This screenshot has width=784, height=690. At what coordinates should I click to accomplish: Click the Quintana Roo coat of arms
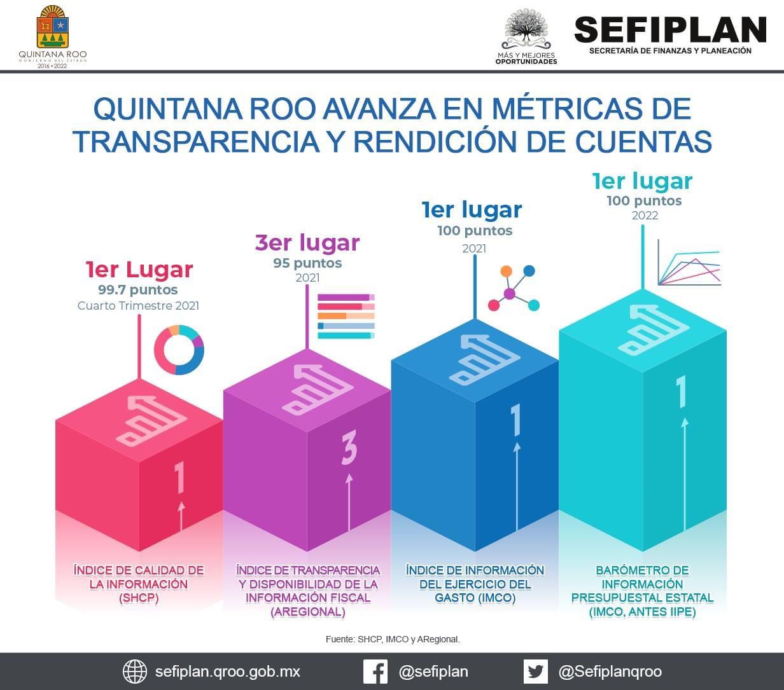coord(53,27)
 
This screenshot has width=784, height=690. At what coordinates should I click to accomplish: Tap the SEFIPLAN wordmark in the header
coord(669,29)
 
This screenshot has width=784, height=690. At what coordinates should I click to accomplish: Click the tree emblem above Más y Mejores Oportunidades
coord(526,29)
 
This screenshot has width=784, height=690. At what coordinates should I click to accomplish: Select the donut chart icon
coord(179,349)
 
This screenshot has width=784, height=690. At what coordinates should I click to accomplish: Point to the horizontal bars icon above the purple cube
coord(346,315)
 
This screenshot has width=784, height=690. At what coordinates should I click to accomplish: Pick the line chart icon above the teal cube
coord(689,263)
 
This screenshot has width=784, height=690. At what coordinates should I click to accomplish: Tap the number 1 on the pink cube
coord(180,478)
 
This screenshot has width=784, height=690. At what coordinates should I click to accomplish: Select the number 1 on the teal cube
coord(682,392)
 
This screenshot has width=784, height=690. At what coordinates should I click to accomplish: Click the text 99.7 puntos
coord(137,290)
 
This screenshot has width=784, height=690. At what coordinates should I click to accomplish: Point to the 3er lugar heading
coord(307,242)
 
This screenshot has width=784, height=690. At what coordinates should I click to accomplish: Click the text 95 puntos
coord(307,263)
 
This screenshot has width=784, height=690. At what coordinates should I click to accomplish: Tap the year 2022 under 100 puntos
coord(645,216)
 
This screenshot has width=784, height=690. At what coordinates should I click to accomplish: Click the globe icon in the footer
coord(135,672)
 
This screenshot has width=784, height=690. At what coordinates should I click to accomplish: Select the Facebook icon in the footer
coord(375,672)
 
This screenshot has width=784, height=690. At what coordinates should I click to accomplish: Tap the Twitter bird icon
coord(535,672)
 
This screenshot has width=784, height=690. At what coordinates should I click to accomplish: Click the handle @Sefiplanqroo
coord(610,672)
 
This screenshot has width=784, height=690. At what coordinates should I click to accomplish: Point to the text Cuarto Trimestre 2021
coord(138,306)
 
